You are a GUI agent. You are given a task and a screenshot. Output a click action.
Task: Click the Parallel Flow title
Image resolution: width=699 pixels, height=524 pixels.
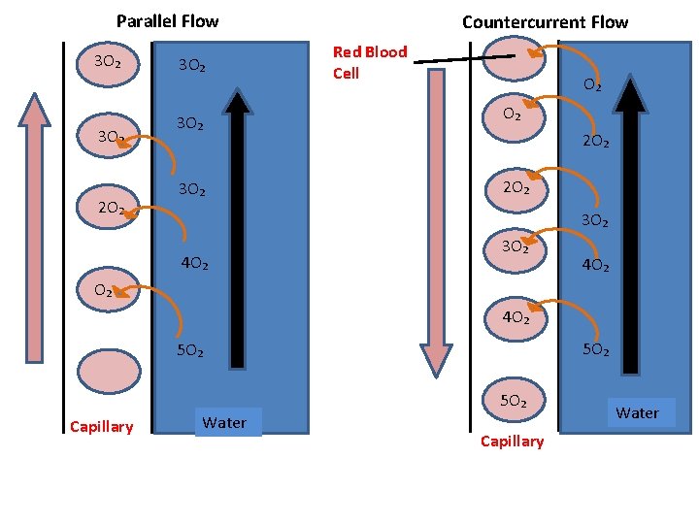pyautogui.click(x=167, y=20)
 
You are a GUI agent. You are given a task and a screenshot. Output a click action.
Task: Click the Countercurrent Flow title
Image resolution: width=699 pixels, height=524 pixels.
pyautogui.click(x=545, y=21)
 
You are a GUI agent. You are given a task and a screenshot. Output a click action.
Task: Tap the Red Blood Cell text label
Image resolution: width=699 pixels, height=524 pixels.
pyautogui.click(x=369, y=62)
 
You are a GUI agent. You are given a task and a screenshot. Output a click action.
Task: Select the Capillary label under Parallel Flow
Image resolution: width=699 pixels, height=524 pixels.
pyautogui.click(x=101, y=427)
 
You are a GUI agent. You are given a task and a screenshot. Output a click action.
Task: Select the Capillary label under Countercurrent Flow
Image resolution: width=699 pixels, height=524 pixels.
pyautogui.click(x=512, y=442)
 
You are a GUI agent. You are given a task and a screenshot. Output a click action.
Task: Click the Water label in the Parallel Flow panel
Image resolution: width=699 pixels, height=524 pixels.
pyautogui.click(x=224, y=422)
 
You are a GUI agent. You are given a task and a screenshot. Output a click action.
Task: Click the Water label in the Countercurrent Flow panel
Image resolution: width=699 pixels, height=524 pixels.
pyautogui.click(x=637, y=412)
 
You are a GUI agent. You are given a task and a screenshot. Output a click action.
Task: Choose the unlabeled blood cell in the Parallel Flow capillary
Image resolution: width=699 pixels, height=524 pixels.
pyautogui.click(x=108, y=370)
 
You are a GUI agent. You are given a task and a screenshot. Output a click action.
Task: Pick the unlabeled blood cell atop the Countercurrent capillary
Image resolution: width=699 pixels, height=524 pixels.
pyautogui.click(x=514, y=58)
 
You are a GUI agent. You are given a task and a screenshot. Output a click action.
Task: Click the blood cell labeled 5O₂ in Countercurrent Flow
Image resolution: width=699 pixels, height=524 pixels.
pyautogui.click(x=514, y=401)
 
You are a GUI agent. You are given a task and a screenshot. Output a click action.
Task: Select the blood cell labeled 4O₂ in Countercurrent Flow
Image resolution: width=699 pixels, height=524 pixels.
pyautogui.click(x=514, y=318)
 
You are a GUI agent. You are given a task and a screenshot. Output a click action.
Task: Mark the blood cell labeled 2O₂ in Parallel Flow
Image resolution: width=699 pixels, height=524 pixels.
pyautogui.click(x=110, y=208)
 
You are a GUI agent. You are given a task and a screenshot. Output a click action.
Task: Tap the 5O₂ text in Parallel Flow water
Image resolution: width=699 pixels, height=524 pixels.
pyautogui.click(x=189, y=350)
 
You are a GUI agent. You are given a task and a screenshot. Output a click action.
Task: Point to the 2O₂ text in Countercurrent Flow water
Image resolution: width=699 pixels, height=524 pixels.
pyautogui.click(x=595, y=142)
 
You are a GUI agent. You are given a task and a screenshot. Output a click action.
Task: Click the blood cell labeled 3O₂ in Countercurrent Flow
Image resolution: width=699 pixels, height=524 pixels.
pyautogui.click(x=514, y=247)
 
